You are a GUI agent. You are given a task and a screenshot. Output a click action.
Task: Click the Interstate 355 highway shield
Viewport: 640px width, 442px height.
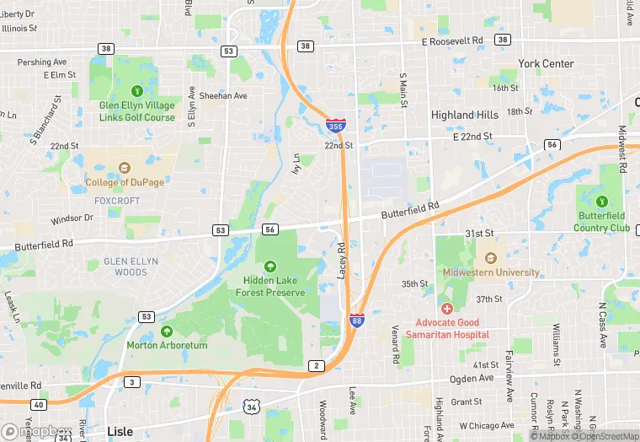coord(335,127)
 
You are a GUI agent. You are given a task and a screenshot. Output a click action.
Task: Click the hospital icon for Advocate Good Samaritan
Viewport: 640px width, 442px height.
coord(446,309)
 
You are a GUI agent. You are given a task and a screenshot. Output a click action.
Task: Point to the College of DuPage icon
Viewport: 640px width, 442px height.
coord(125,168)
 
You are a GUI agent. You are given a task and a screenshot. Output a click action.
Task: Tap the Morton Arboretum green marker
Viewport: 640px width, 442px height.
coord(166,331)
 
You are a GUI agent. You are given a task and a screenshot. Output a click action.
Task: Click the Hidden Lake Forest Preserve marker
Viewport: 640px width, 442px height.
coord(270,267)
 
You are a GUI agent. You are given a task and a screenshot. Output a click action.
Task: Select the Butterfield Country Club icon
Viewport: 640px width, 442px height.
coord(602,202)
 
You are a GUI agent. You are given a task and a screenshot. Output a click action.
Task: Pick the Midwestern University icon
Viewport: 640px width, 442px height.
coord(490,258)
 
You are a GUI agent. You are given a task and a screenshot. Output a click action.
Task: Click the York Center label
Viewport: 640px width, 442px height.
coord(546,64)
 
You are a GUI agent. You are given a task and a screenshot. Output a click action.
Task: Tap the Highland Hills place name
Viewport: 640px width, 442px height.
coord(464,116)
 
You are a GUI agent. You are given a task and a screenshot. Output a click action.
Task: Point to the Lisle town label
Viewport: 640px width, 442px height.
coord(120,431)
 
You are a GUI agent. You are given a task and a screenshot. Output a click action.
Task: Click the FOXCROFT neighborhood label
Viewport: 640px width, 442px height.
coord(117,202)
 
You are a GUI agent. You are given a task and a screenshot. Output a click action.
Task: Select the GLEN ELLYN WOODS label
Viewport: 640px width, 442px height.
coord(131,267)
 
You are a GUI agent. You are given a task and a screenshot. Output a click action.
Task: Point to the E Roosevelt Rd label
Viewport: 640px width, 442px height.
coord(452,40)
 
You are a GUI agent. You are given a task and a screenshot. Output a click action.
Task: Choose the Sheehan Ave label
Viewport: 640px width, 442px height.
coord(223,96)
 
